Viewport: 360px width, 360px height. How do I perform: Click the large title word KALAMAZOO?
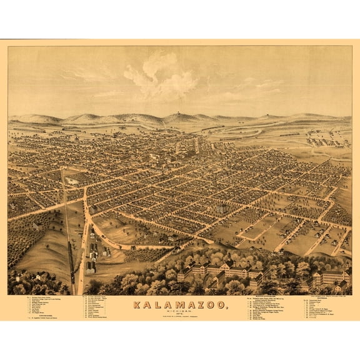[180, 306]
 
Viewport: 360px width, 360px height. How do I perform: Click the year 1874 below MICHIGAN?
[180, 316]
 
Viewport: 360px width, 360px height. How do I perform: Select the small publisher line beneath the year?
[180, 319]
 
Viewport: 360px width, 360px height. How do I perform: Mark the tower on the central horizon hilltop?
[180, 116]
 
